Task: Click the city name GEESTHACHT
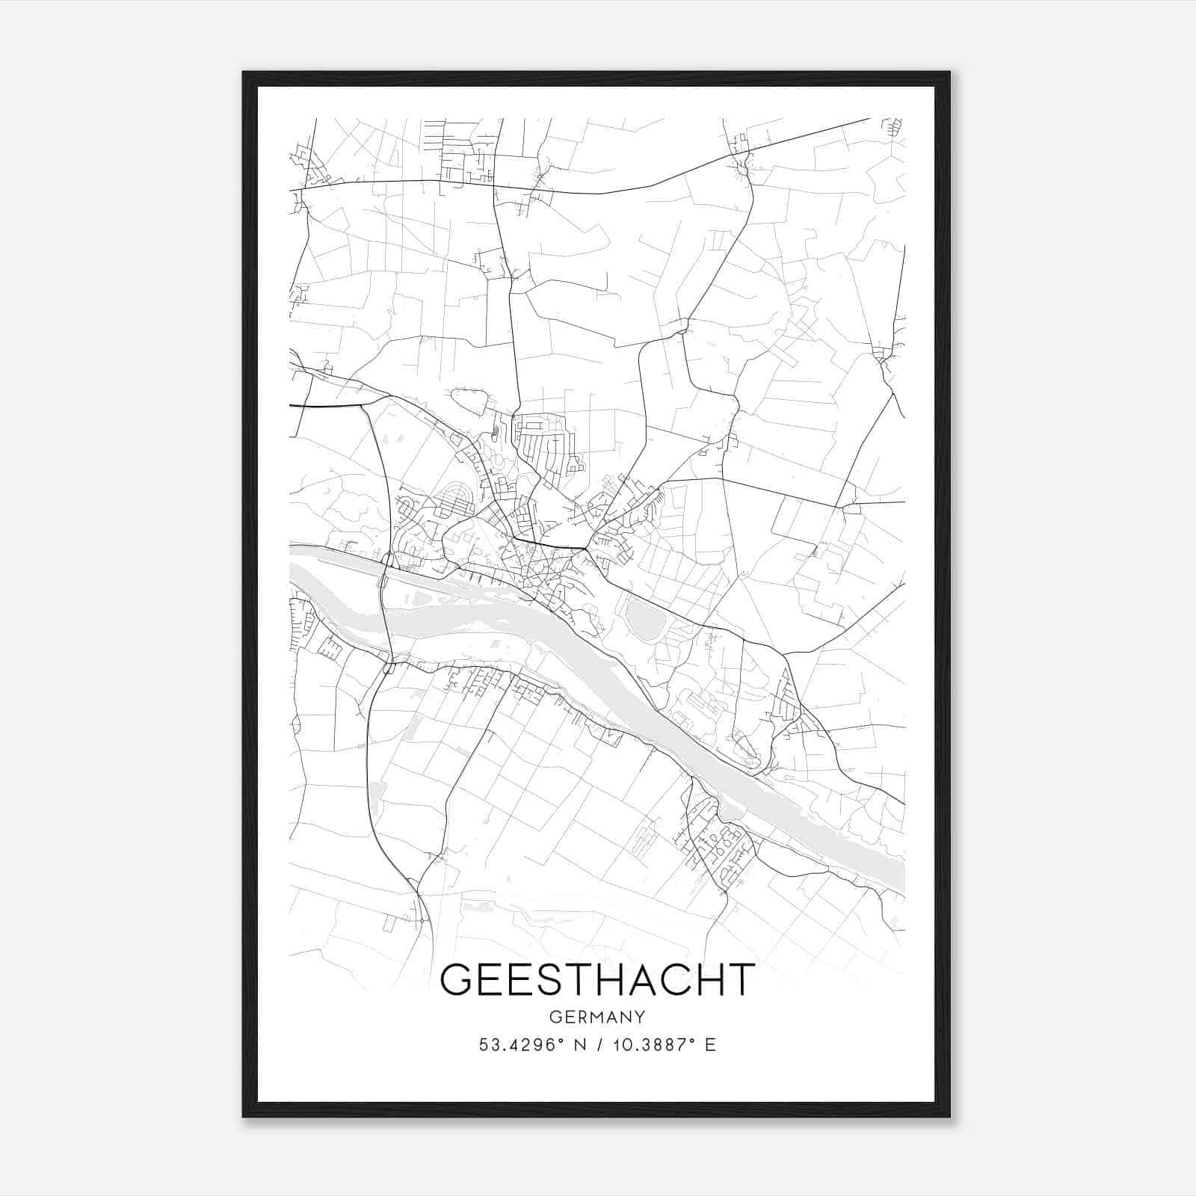[597, 980]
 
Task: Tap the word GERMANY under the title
[597, 1017]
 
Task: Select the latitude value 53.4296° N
[531, 1045]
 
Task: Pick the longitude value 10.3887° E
[664, 1045]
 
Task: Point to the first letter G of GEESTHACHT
[458, 980]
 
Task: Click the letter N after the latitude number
[579, 1045]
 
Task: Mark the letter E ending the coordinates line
[710, 1045]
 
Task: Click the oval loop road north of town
[469, 401]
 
